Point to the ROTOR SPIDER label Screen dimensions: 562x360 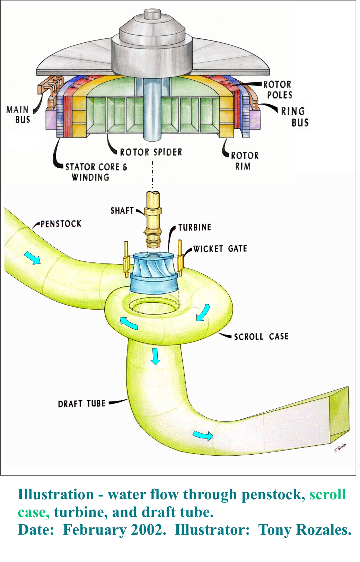click(151, 152)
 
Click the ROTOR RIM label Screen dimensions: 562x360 click(245, 161)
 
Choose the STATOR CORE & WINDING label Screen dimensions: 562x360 click(96, 172)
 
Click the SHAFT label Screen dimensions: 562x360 click(122, 210)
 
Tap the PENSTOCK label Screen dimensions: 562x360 click(61, 224)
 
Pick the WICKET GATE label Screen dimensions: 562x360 click(220, 249)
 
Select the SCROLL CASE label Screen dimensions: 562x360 click(261, 337)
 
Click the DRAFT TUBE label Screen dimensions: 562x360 click(81, 403)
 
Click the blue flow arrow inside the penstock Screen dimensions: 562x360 click(32, 258)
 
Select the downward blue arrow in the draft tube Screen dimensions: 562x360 click(155, 356)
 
